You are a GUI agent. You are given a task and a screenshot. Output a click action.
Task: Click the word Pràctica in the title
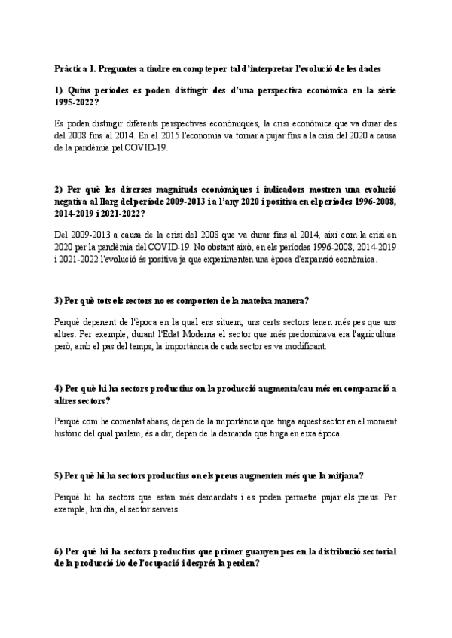pos(70,68)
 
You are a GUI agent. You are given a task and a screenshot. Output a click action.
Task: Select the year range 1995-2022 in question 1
pos(77,102)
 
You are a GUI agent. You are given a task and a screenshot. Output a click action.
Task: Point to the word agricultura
pos(373,333)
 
